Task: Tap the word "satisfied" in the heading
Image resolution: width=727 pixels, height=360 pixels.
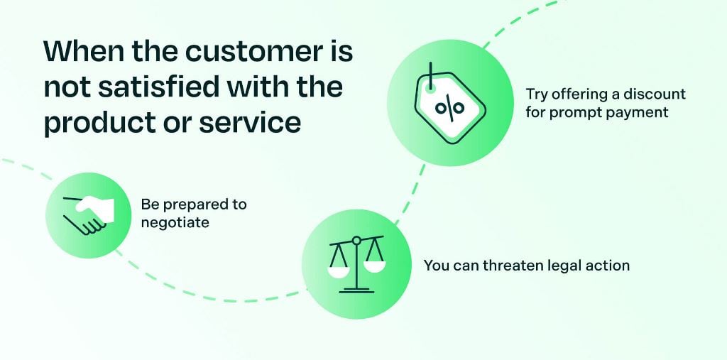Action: pyautogui.click(x=163, y=88)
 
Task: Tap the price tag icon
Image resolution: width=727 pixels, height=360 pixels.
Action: pyautogui.click(x=448, y=103)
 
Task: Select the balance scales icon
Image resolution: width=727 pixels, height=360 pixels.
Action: pyautogui.click(x=355, y=263)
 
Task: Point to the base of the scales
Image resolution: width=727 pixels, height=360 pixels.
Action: pyautogui.click(x=356, y=288)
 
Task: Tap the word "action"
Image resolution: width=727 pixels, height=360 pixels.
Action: pyautogui.click(x=608, y=266)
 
